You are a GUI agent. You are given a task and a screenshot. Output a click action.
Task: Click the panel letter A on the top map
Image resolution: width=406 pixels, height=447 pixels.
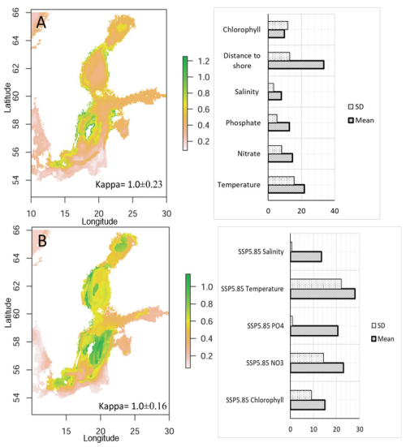pos(41,23)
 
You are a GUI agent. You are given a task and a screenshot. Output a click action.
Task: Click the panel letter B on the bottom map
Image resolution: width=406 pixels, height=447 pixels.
pos(42,241)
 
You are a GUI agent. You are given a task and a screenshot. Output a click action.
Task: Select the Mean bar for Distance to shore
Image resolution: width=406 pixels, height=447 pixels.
pos(296,65)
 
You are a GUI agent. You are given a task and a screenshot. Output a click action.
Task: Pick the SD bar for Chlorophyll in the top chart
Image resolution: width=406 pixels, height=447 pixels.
pos(278,25)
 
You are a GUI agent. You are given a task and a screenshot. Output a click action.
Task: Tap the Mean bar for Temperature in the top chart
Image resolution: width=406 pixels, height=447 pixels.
pos(286,189)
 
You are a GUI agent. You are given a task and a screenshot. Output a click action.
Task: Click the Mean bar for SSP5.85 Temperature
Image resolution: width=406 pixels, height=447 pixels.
pos(322,294)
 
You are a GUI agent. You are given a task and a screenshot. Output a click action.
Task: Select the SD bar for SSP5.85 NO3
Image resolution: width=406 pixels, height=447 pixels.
pos(307,358)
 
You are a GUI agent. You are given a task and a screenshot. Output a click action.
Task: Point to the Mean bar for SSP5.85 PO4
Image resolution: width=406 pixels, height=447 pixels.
pos(314,331)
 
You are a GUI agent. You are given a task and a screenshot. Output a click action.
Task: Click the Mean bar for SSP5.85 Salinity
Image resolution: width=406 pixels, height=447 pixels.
pos(306,256)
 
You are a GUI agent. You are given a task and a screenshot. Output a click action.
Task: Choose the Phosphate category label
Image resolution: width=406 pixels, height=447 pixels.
pos(243,122)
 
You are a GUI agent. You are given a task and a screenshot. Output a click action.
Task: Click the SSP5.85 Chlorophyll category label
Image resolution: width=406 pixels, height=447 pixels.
pos(255,400)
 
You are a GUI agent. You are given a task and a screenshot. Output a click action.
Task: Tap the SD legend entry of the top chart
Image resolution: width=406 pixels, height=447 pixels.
pos(356,106)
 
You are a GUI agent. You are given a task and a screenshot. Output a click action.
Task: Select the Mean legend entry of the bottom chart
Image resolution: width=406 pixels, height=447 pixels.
pos(382,339)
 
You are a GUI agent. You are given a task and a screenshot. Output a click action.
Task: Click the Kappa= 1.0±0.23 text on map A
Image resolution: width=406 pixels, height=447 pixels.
pos(128,184)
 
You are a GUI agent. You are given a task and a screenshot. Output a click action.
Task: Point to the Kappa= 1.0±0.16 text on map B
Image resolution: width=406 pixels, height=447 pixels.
pos(132,406)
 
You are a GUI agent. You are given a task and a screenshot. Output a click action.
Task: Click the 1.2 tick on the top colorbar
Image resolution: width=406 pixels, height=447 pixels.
pos(204,61)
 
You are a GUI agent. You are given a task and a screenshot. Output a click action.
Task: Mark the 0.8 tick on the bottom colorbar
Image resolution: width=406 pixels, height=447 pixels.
pos(206,304)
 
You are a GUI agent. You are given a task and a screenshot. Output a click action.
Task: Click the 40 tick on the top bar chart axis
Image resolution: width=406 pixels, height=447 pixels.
pos(335,211)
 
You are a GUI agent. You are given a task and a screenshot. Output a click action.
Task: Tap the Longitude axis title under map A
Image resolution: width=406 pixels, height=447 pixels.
pos(100,221)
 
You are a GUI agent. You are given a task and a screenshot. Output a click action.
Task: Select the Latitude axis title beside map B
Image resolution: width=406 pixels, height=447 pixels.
pos(8,312)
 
